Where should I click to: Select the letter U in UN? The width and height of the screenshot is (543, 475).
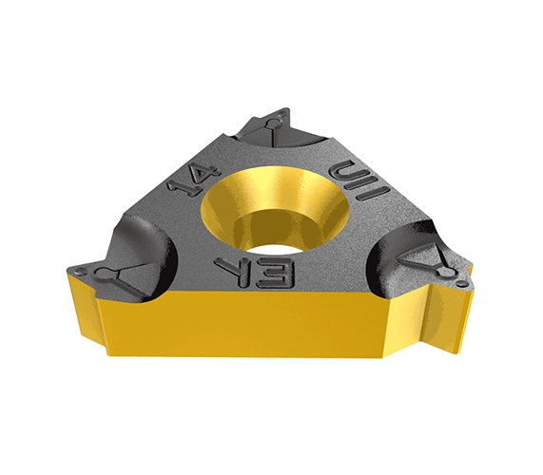(339, 169)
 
